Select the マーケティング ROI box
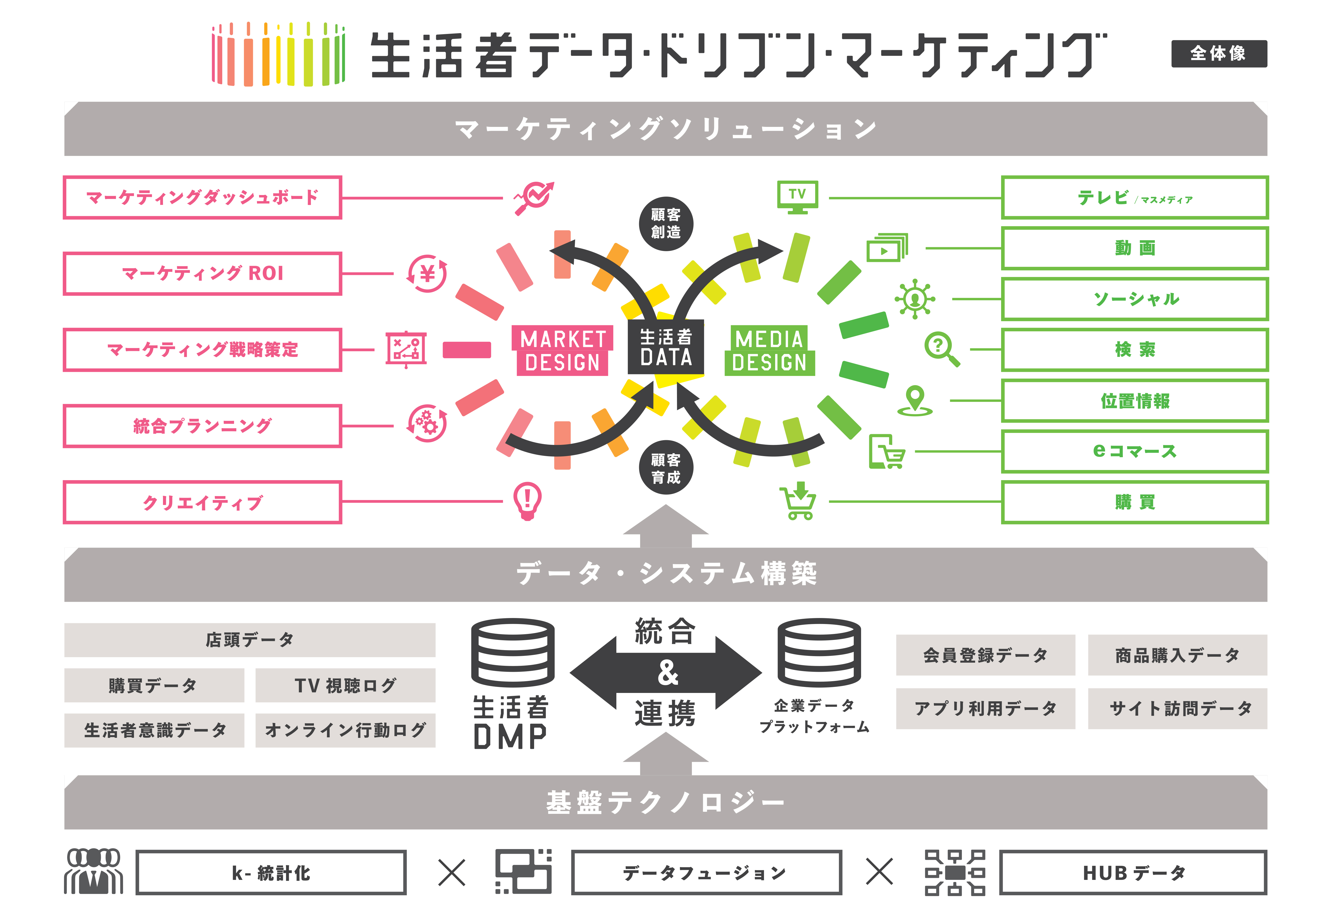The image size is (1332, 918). pyautogui.click(x=202, y=273)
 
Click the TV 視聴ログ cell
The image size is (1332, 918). pyautogui.click(x=345, y=685)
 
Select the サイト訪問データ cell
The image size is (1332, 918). pyautogui.click(x=1177, y=708)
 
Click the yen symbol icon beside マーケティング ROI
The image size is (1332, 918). pyautogui.click(x=427, y=273)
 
